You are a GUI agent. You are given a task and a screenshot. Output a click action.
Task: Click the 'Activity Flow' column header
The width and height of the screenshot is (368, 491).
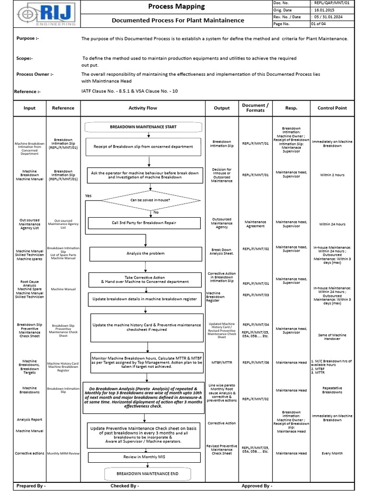coord(142,108)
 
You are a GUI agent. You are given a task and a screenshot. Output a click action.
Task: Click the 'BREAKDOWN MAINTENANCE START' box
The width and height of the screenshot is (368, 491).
coord(143,127)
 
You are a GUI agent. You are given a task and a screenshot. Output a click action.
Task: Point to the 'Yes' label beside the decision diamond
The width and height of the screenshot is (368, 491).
coord(88,196)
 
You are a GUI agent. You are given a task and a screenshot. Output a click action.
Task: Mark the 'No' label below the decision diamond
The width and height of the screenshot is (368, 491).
coord(155,212)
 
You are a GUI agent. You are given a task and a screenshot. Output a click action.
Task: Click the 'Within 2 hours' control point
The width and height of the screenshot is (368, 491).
coord(332,175)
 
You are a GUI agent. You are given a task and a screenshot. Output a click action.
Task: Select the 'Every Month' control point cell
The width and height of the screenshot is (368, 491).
coord(332,453)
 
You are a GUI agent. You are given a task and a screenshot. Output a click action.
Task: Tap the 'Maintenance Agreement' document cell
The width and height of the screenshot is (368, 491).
coord(255,223)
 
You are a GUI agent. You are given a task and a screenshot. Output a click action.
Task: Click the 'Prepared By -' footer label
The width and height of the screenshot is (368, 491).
coord(31,486)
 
